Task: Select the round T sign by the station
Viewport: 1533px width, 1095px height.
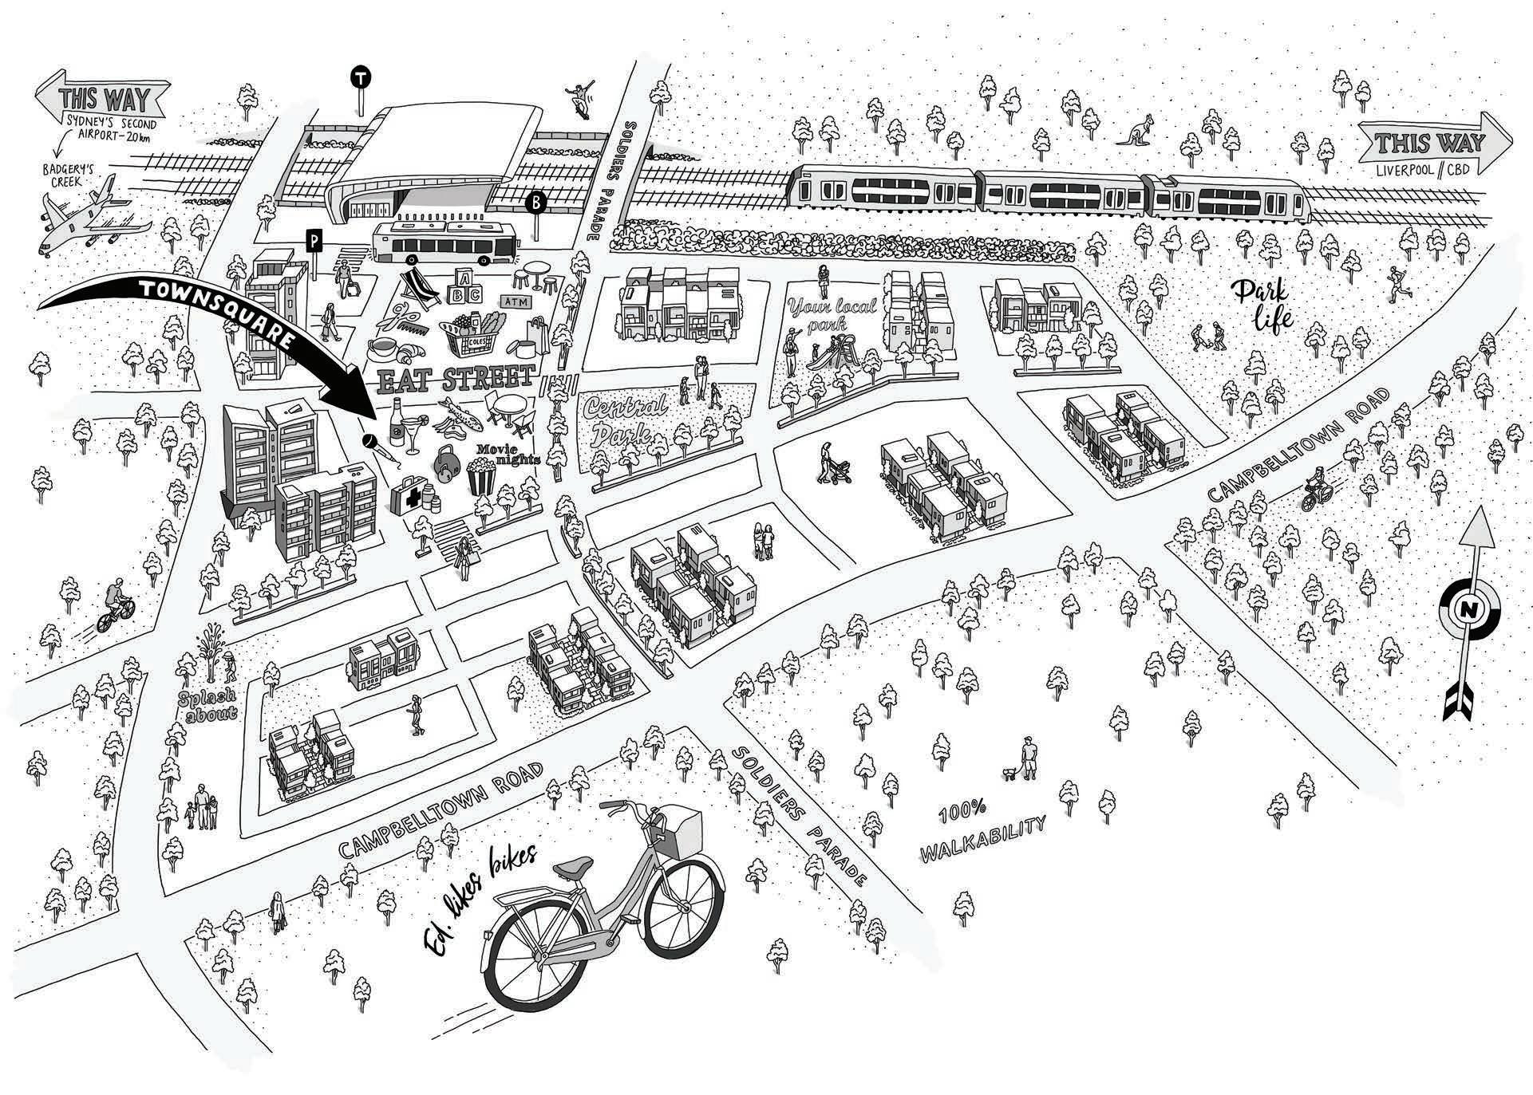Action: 362,78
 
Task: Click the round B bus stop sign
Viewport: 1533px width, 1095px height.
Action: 535,203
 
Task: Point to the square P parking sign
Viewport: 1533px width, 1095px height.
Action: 315,239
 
